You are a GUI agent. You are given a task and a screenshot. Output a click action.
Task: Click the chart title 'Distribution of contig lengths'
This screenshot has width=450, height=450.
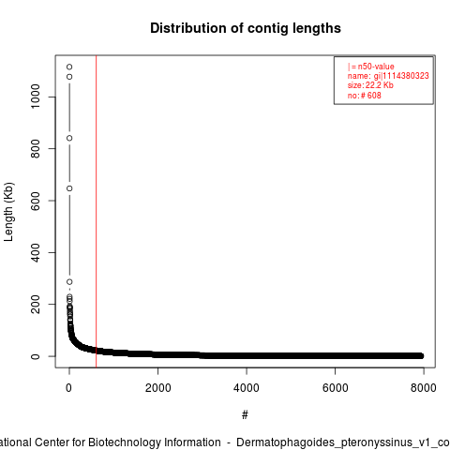click(x=246, y=28)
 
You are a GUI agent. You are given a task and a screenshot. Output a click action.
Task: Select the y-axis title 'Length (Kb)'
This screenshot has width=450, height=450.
click(x=8, y=212)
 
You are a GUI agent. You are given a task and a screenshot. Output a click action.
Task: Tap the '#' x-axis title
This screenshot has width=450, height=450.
click(x=245, y=415)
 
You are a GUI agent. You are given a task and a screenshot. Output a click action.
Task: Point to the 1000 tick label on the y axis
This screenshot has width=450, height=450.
click(x=36, y=97)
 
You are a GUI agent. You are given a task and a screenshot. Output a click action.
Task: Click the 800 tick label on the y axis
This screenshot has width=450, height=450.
click(x=36, y=148)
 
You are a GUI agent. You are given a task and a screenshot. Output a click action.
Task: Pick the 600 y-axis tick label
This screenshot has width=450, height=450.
click(x=36, y=201)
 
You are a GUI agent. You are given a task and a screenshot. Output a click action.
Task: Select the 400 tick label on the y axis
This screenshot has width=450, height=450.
click(x=36, y=252)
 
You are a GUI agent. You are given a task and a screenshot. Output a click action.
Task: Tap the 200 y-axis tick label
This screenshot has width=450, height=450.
click(x=36, y=305)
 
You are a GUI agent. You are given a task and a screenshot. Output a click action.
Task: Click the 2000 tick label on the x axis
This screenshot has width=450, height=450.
click(x=158, y=388)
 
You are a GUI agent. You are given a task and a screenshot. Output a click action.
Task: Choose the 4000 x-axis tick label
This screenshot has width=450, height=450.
click(x=247, y=388)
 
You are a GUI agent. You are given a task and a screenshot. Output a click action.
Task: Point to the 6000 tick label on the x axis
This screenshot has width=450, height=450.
click(x=335, y=388)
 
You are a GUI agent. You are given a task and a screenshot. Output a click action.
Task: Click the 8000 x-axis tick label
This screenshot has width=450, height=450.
click(x=424, y=388)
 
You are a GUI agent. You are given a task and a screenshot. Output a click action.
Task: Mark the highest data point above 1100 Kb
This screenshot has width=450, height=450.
click(x=69, y=67)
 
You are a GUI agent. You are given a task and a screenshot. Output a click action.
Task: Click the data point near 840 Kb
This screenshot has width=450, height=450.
click(x=69, y=138)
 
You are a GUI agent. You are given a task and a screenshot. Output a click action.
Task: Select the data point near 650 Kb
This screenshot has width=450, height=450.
click(x=69, y=188)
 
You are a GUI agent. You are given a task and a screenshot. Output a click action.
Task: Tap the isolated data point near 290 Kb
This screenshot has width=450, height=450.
click(x=69, y=282)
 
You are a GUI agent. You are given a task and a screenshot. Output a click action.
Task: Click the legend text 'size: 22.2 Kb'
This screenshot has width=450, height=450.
click(x=370, y=85)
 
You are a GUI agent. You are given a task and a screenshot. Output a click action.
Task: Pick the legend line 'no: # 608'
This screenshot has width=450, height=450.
click(x=365, y=96)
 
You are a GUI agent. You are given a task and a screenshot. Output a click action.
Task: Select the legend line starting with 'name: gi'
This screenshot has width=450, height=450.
click(x=388, y=76)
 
